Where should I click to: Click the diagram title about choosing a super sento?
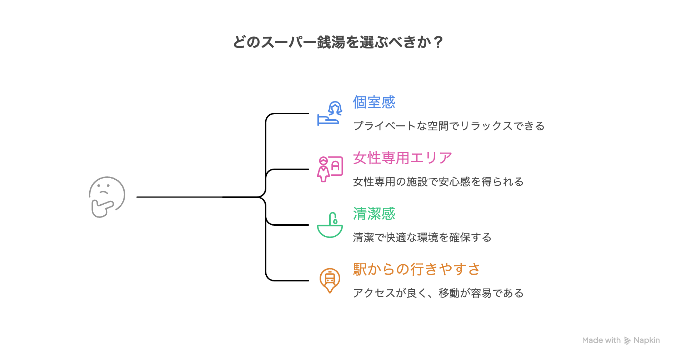point(338,42)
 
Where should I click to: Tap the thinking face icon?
point(107,197)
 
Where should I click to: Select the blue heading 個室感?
point(374,102)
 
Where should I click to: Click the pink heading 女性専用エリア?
point(402,158)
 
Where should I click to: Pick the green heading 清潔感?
point(374,214)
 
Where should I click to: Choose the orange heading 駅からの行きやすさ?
point(416,269)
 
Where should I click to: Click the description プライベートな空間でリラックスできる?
point(448,126)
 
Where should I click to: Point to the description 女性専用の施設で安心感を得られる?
point(438,182)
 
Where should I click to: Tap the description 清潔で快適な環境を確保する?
point(422,237)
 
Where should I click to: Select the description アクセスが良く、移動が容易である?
point(438,293)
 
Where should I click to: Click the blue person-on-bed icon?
point(330,114)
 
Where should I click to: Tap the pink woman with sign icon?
point(330,169)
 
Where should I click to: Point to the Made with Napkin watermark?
point(621,340)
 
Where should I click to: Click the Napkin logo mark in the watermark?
point(627,341)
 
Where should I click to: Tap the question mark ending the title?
point(439,42)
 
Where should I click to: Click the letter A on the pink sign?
point(335,166)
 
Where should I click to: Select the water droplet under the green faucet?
point(335,221)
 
